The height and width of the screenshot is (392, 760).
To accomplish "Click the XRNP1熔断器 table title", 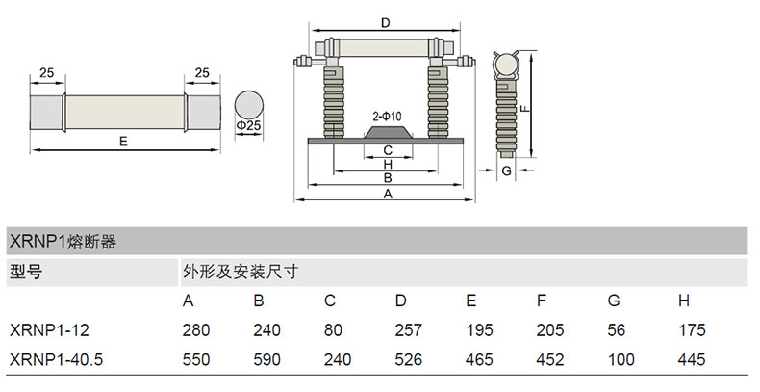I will [x=63, y=241].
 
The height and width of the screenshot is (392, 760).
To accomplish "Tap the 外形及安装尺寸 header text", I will [x=238, y=272].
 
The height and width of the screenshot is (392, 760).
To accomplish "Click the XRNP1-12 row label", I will [x=49, y=330].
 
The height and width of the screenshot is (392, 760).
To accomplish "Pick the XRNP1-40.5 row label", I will [x=56, y=359].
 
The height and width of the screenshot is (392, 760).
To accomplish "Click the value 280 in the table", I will [x=195, y=330].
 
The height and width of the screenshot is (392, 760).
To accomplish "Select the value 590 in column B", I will [x=266, y=359].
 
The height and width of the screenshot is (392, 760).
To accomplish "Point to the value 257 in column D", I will [x=408, y=330].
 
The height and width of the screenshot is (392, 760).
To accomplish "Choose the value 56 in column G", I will [x=617, y=330].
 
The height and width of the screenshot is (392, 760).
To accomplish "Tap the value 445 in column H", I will [x=692, y=359].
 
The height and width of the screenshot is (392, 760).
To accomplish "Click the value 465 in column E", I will [x=479, y=359].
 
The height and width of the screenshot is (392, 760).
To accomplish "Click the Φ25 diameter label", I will [x=248, y=126].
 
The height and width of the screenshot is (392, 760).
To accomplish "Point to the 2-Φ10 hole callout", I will [x=387, y=117].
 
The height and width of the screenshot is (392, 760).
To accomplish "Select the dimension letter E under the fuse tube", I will [x=122, y=142].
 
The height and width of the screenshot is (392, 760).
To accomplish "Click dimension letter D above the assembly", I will [x=385, y=22].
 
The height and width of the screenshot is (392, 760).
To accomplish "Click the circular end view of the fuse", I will [x=249, y=103].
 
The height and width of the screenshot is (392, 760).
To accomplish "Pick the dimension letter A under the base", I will [x=387, y=193].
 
